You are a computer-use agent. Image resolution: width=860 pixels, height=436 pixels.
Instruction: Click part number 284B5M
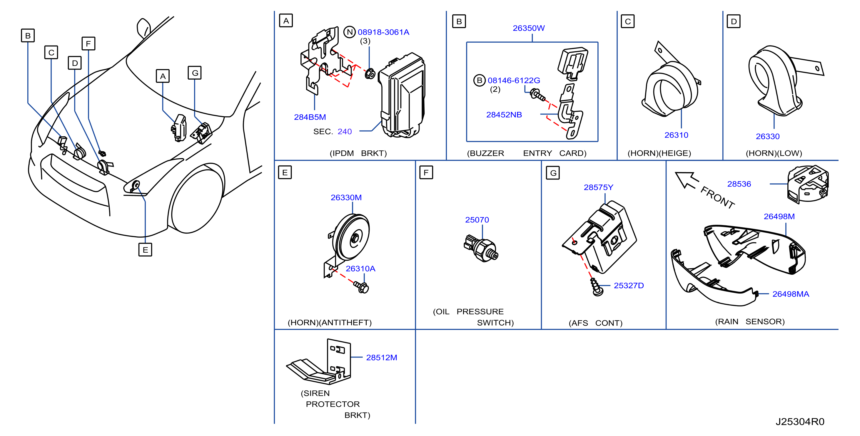coord(310,117)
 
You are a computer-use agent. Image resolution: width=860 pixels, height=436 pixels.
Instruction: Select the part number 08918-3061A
coord(383,32)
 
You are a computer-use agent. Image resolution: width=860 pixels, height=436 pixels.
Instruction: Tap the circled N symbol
coord(350,32)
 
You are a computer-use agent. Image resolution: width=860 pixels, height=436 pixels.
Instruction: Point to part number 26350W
coord(528,28)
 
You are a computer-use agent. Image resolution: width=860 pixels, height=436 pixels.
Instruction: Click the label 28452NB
coord(504,115)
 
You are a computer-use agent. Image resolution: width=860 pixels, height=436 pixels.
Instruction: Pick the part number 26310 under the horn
coord(676,135)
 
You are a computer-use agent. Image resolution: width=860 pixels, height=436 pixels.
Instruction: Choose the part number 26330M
coord(346,197)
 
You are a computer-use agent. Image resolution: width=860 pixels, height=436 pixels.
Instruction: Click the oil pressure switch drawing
coord(481,249)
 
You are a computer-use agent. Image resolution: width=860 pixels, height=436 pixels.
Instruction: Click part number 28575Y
coord(598,187)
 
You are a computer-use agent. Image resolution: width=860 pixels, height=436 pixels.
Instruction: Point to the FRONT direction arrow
coord(687,180)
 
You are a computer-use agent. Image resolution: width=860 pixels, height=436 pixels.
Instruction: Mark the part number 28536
coord(739,184)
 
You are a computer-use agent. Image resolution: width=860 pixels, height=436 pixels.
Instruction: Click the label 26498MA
coord(791,294)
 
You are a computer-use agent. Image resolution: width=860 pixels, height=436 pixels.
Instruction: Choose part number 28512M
coord(382,358)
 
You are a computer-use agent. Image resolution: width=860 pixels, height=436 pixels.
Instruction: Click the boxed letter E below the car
coord(145,249)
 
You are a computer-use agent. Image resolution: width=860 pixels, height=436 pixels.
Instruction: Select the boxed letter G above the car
coord(195,73)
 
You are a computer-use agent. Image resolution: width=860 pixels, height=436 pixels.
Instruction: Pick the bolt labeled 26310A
coord(362,286)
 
